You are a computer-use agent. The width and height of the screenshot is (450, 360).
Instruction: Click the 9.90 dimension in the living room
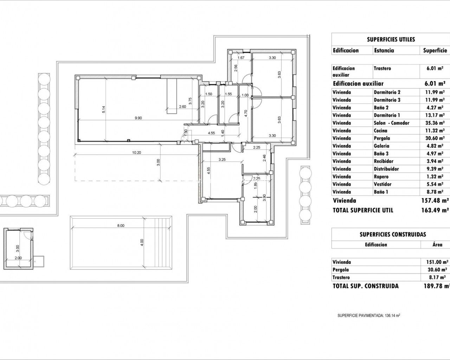point(138,118)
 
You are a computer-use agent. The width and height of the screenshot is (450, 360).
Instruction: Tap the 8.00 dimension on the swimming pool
point(121,225)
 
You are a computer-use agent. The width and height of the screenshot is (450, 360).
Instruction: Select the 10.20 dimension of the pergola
point(136,153)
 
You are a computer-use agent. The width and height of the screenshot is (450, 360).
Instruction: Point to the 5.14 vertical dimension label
point(104,109)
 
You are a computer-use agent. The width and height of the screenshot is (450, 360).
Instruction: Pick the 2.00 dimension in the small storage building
point(18,258)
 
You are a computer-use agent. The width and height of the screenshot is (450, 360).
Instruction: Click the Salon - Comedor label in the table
point(391,123)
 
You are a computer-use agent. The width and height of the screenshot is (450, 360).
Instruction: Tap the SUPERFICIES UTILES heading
point(391,39)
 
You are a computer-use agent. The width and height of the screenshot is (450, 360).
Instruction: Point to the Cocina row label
point(381,131)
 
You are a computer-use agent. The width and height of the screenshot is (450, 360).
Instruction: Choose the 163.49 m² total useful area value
point(435,210)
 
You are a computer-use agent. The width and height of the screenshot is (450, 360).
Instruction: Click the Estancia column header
point(384,50)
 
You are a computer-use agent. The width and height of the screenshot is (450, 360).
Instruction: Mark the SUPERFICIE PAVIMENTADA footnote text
point(369,321)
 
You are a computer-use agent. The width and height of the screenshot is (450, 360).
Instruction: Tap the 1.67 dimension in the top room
point(241,58)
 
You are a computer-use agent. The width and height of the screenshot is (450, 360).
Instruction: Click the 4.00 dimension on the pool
point(142,243)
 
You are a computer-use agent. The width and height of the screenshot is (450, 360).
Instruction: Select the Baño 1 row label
point(381,192)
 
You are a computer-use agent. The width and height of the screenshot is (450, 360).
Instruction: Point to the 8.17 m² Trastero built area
point(436,277)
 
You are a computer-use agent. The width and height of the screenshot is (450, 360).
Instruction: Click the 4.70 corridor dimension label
point(246,113)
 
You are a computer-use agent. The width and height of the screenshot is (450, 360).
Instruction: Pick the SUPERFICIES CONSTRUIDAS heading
point(393,234)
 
